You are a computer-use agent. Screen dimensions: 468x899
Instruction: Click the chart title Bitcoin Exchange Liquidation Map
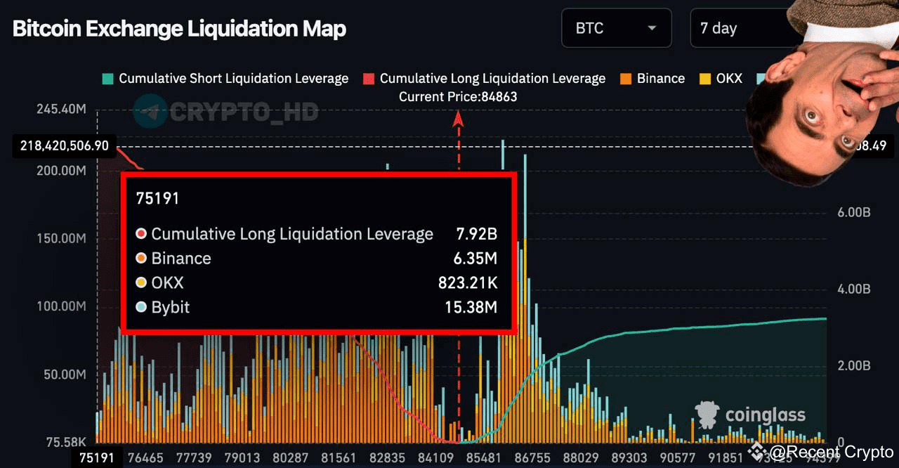179,29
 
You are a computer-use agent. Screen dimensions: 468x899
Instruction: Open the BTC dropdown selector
616,29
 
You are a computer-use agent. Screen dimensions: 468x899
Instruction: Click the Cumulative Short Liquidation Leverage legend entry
225,79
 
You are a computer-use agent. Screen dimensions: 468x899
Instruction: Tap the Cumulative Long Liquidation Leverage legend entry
484,79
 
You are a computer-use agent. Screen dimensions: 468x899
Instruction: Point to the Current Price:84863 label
458,97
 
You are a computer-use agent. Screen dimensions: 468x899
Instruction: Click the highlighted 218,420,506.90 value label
65,146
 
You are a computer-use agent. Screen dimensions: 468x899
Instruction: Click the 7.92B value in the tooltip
475,234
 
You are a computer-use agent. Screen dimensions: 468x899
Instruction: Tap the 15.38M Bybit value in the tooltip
471,307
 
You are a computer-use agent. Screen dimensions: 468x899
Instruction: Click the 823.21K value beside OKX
467,282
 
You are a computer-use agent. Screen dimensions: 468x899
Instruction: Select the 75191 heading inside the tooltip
157,199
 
